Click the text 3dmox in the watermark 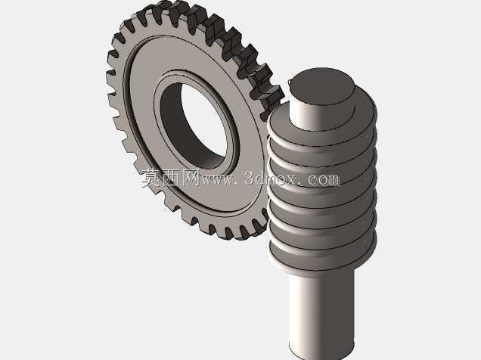point(271,178)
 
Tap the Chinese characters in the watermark point(171,178)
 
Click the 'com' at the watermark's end point(323,179)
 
